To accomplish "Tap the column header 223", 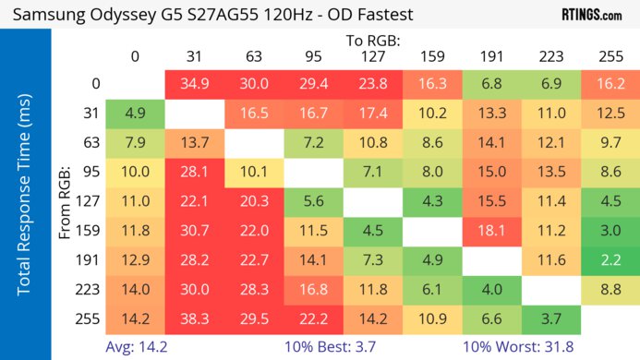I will pyautogui.click(x=551, y=56).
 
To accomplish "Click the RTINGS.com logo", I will pyautogui.click(x=591, y=15).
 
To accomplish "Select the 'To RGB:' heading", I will pyautogui.click(x=373, y=41).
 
